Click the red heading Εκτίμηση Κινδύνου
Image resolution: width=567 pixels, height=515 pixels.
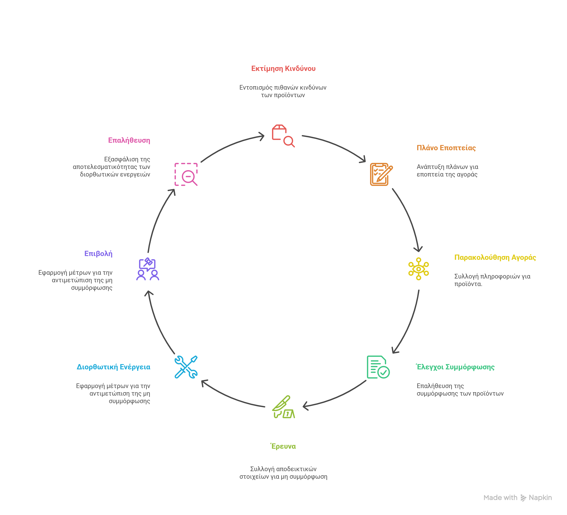click(x=283, y=68)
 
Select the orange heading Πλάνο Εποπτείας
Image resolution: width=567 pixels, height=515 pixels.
click(x=446, y=148)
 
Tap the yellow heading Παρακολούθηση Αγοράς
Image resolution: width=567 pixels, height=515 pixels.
click(x=495, y=257)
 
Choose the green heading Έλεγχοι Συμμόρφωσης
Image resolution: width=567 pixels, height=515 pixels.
click(x=455, y=367)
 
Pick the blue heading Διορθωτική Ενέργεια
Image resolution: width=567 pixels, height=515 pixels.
click(x=114, y=367)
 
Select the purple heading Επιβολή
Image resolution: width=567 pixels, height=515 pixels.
click(x=98, y=254)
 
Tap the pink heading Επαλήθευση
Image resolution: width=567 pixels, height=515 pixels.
click(x=129, y=140)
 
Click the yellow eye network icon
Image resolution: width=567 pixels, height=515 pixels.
click(x=418, y=269)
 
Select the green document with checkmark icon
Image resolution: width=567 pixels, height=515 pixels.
click(x=378, y=367)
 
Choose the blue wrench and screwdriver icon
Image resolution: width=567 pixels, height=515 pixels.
click(x=186, y=367)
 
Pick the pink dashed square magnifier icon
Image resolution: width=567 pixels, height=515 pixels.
click(x=186, y=174)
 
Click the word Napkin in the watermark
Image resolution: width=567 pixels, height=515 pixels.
click(x=540, y=498)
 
